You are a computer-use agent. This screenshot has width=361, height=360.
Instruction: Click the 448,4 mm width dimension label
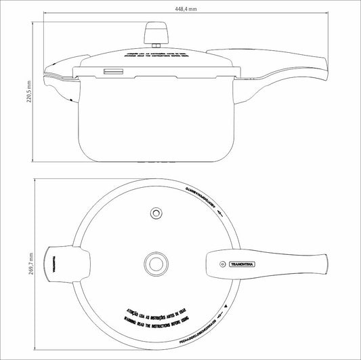[186, 9]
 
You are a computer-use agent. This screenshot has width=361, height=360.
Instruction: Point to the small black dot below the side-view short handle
[70, 101]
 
